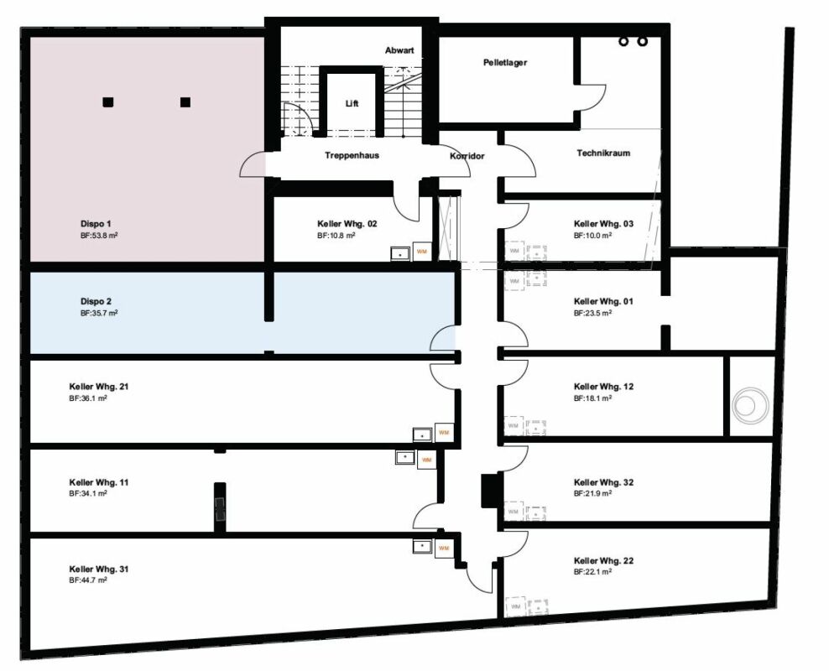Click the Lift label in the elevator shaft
click(352, 103)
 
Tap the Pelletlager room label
click(505, 63)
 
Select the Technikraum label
click(603, 153)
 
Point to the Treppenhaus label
click(352, 155)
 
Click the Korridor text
click(467, 156)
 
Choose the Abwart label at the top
click(399, 51)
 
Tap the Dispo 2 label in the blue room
click(96, 301)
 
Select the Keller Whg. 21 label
click(98, 387)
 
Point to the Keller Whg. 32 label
click(603, 483)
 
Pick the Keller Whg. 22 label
click(603, 560)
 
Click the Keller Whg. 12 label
click(603, 387)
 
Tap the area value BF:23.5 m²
click(592, 313)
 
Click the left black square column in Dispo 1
click(107, 102)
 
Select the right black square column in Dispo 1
click(185, 102)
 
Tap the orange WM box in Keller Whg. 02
click(422, 252)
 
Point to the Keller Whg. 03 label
click(603, 224)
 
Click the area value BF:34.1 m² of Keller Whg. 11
click(88, 494)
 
